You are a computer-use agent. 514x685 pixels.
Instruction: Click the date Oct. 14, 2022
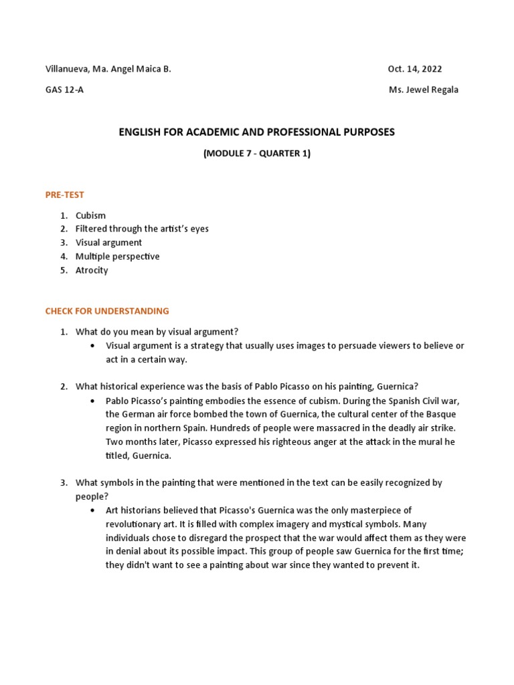tap(414, 69)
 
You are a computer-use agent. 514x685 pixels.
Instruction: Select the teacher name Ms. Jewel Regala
tap(424, 90)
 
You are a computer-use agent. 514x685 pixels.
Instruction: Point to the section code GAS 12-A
tap(64, 90)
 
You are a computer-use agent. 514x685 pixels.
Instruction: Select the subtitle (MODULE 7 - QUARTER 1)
tap(256, 153)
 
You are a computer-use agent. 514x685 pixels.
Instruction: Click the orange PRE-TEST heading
tap(65, 195)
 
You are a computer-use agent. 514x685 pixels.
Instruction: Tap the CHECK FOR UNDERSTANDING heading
tap(107, 311)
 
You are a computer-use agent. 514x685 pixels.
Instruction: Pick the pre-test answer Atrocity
tap(92, 270)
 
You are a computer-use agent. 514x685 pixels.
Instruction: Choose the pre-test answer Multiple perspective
tap(118, 256)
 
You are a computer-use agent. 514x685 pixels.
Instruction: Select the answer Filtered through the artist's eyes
tap(142, 229)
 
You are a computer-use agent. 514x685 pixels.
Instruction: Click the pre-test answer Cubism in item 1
tap(91, 215)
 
